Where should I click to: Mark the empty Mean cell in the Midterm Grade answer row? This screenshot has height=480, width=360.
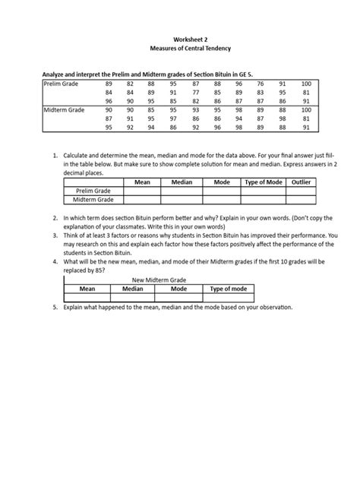[137, 199]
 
